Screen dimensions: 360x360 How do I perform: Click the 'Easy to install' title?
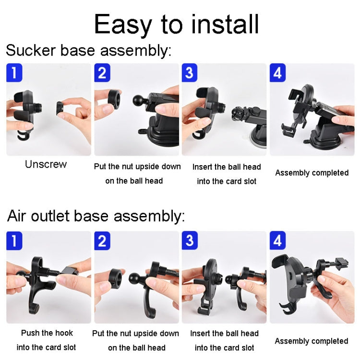pyautogui.click(x=177, y=24)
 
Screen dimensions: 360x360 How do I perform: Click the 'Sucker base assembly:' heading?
pyautogui.click(x=88, y=50)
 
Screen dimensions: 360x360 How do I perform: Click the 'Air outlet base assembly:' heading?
pyautogui.click(x=96, y=216)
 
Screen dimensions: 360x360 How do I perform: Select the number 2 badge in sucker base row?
pyautogui.click(x=102, y=73)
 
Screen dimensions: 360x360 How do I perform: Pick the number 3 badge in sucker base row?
pyautogui.click(x=190, y=73)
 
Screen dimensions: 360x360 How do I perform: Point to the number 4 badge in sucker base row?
pyautogui.click(x=277, y=73)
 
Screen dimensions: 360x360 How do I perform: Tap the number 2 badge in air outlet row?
pyautogui.click(x=102, y=240)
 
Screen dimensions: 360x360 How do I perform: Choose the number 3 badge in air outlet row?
pyautogui.click(x=190, y=240)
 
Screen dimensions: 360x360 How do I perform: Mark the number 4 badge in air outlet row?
pyautogui.click(x=277, y=240)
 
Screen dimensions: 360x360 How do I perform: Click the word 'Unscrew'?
pyautogui.click(x=46, y=164)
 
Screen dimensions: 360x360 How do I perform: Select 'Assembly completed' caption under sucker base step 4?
pyautogui.click(x=312, y=173)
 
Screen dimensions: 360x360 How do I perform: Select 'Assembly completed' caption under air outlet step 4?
pyautogui.click(x=311, y=341)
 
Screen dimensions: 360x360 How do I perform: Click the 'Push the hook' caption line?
pyautogui.click(x=47, y=333)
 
